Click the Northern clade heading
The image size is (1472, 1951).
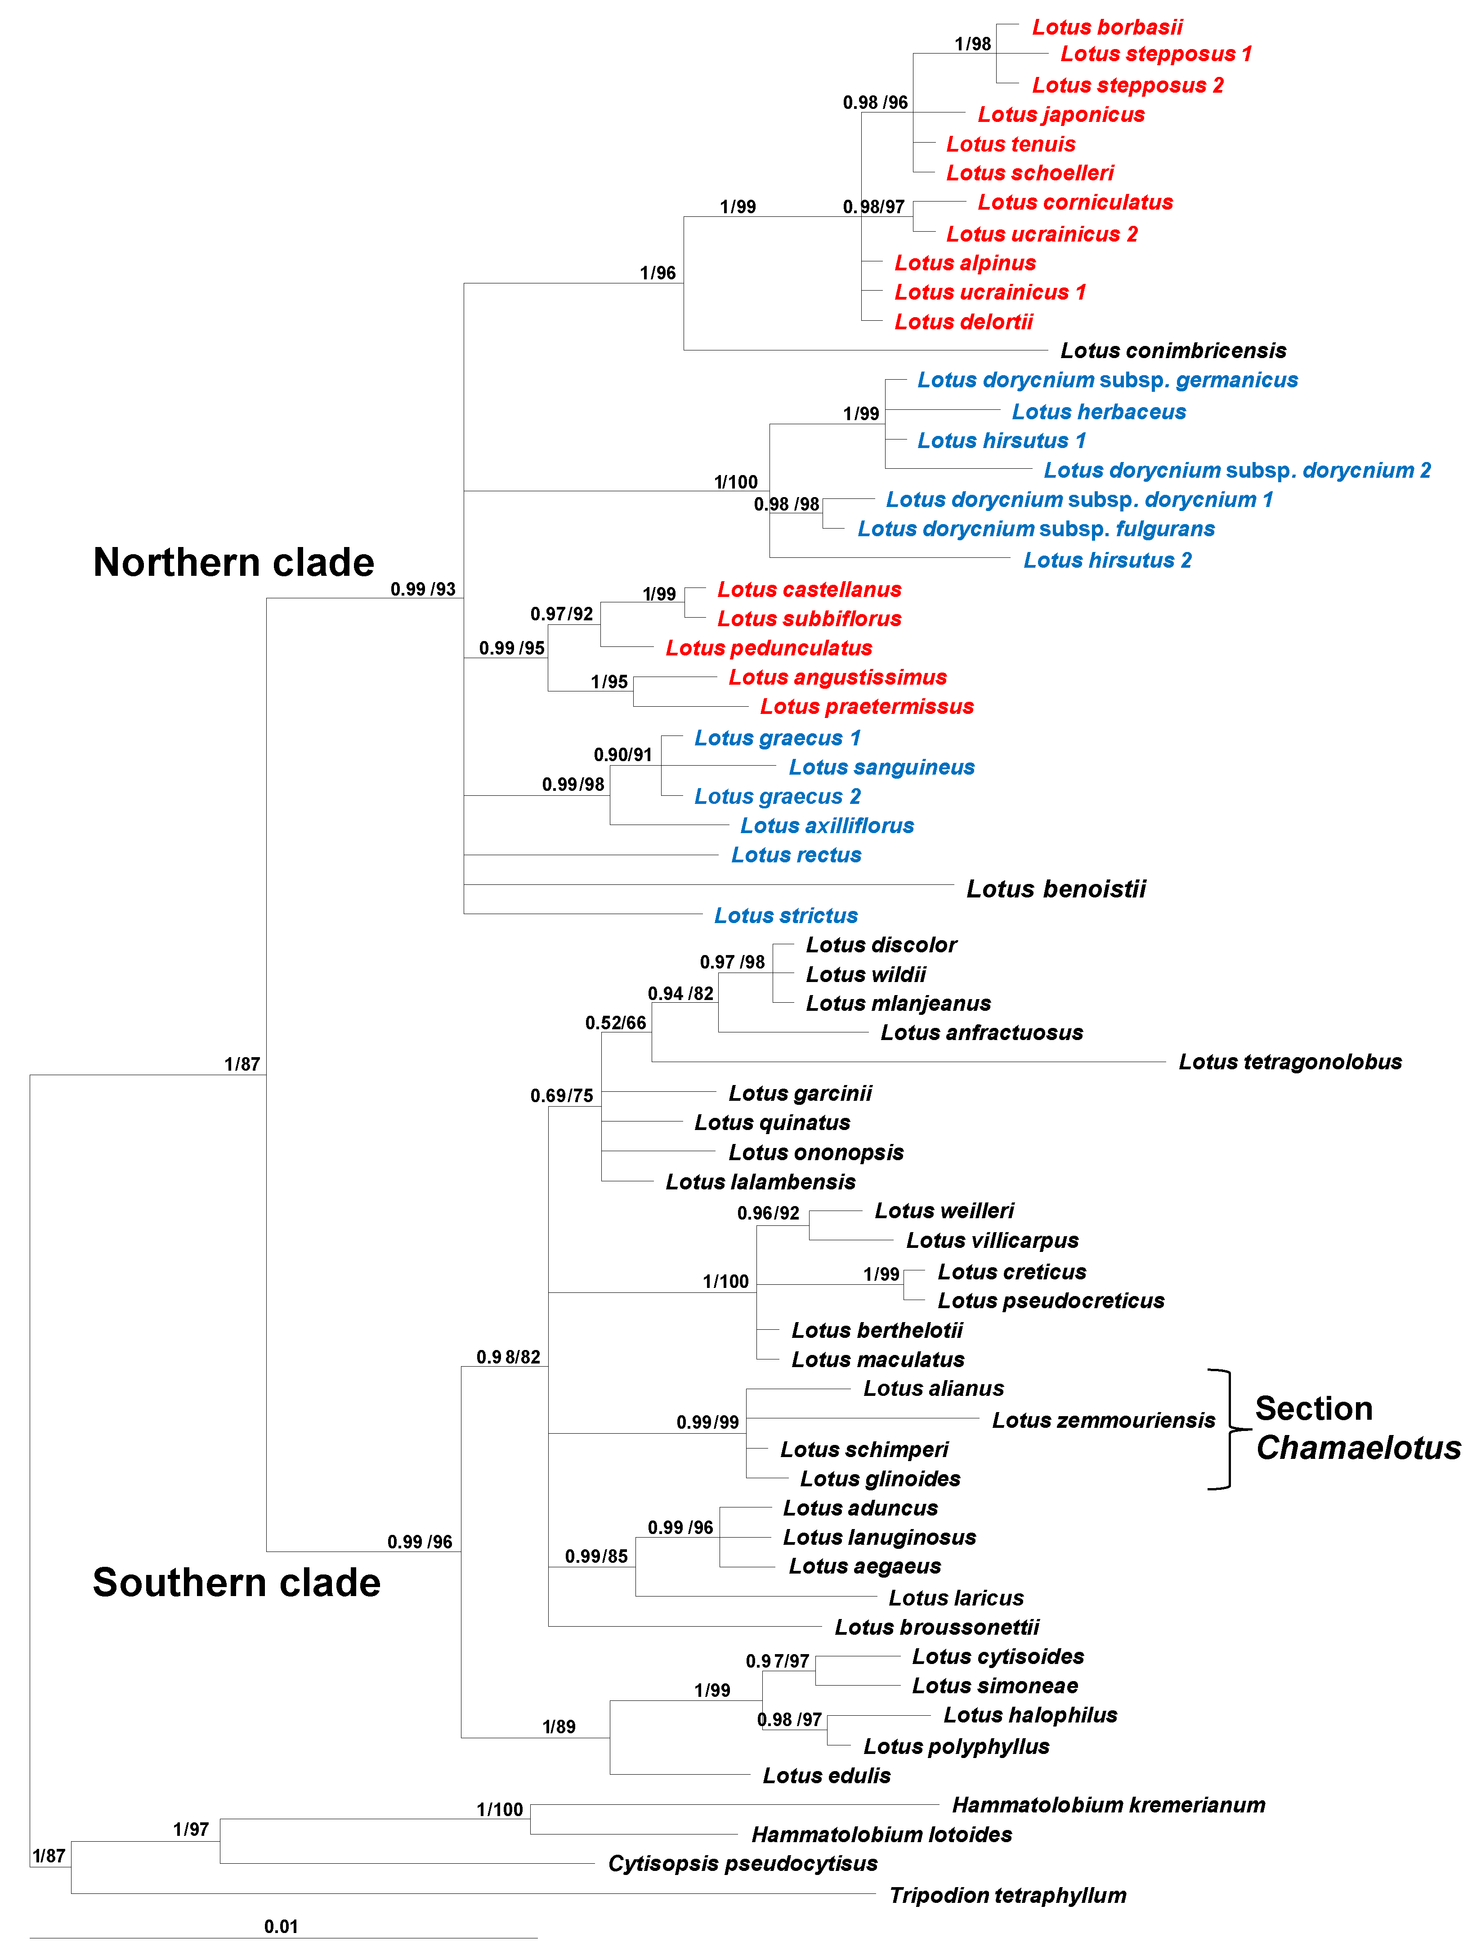click(x=234, y=563)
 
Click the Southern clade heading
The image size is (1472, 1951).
click(x=237, y=1582)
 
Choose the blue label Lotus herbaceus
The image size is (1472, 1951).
click(x=1098, y=412)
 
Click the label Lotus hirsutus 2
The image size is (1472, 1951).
click(x=1107, y=560)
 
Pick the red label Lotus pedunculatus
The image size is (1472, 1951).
click(x=768, y=648)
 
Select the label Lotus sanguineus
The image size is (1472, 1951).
click(x=881, y=767)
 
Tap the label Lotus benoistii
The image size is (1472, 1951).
click(x=1056, y=889)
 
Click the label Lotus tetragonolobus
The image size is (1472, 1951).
click(x=1289, y=1062)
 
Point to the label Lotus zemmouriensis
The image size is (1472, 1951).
click(x=1102, y=1420)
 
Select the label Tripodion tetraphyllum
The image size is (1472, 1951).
click(x=1007, y=1895)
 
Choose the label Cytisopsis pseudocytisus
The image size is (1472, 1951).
click(x=743, y=1864)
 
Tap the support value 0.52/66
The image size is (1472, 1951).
click(x=615, y=1023)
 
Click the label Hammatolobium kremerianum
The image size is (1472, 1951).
click(x=1108, y=1805)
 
